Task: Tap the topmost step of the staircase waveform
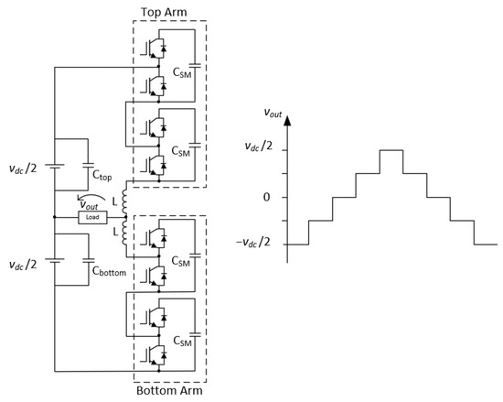391,150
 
